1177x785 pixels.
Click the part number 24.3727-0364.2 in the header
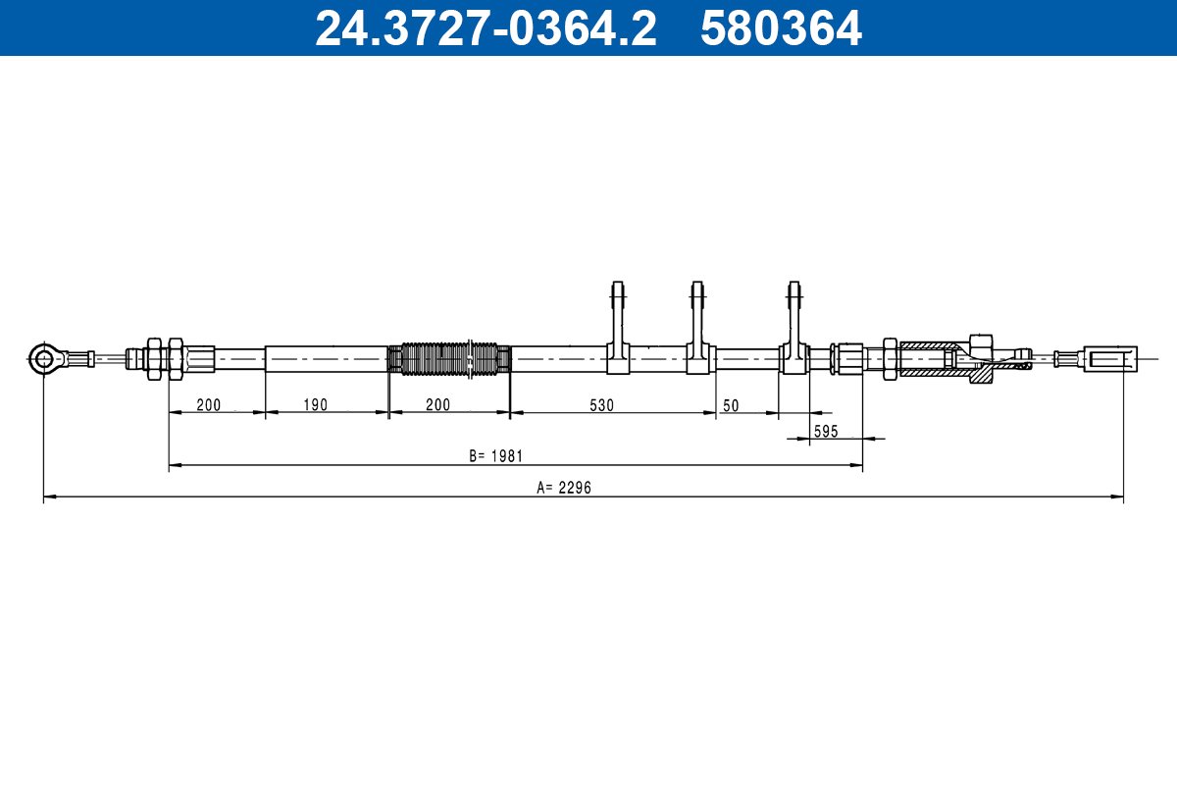click(486, 28)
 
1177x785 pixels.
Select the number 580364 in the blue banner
click(781, 28)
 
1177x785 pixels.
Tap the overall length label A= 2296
click(564, 488)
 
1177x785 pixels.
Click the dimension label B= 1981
click(496, 456)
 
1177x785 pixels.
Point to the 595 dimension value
click(826, 431)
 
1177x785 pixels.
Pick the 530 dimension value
click(601, 405)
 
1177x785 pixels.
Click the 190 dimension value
click(315, 405)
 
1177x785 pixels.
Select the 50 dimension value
click(731, 405)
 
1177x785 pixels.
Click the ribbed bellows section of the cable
click(449, 359)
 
